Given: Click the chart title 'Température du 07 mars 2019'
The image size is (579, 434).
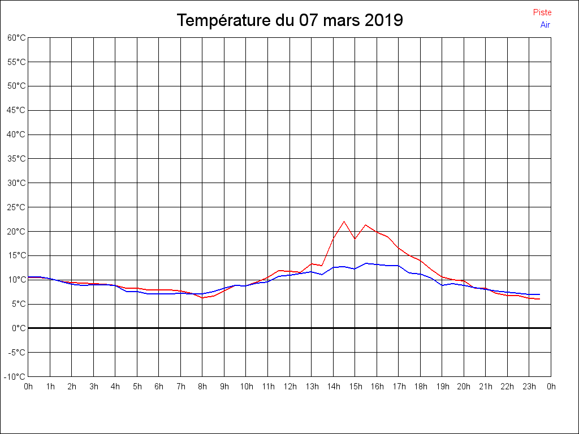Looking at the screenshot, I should tap(289, 20).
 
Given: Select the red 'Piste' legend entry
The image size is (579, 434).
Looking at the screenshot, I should tap(542, 12).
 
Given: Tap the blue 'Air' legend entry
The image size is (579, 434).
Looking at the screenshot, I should tap(545, 25).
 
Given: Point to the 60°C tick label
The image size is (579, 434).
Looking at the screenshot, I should tap(16, 37).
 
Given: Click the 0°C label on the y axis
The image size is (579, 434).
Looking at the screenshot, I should tap(19, 328).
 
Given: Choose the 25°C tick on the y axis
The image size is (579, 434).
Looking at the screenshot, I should tap(16, 207).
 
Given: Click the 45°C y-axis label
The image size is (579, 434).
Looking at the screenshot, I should tap(16, 110).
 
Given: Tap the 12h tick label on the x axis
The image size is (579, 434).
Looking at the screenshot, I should tap(290, 387).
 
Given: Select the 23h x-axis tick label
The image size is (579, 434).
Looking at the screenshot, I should tap(530, 387).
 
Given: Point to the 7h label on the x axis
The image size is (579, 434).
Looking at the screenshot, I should tap(181, 387).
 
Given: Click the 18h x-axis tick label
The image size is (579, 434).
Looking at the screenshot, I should tap(421, 387).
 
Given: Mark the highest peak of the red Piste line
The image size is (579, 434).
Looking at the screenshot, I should tap(344, 222).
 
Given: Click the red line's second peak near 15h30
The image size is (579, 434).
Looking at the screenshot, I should tap(366, 225).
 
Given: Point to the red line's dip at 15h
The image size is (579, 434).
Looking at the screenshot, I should tap(355, 238).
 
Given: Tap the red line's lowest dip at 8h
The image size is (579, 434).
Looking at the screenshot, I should tap(202, 298).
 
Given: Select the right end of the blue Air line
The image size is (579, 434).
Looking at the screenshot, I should tap(540, 294).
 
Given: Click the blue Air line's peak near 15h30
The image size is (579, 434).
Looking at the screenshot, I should tap(366, 263).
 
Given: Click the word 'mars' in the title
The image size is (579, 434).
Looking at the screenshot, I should tap(341, 20).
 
